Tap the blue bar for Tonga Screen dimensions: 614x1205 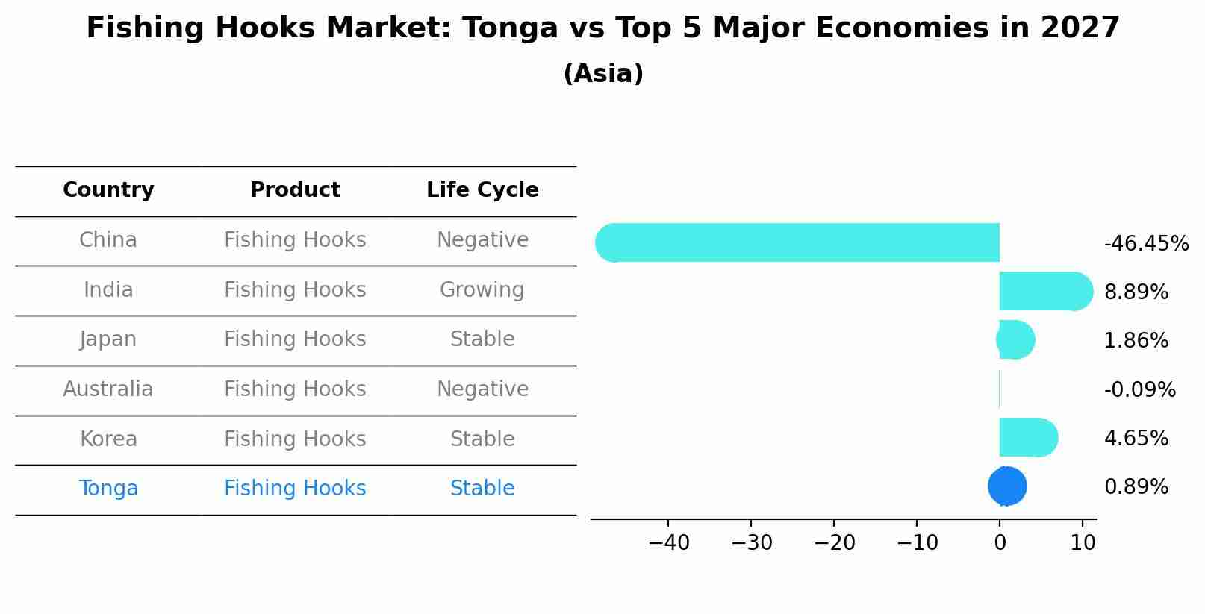coord(1007,486)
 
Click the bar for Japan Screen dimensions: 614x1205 coord(1016,339)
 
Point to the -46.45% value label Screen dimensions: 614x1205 coord(1146,244)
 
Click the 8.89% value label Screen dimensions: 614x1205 coord(1136,292)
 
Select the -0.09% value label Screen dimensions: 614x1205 coord(1139,390)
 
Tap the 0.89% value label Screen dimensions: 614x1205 coord(1136,487)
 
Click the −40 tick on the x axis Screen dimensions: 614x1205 coord(669,543)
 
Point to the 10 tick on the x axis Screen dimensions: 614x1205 coord(1083,543)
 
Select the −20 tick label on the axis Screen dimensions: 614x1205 coord(835,543)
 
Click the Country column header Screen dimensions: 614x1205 coord(108,190)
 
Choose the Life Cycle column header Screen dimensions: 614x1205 coord(482,190)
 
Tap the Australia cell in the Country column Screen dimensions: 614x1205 coord(108,389)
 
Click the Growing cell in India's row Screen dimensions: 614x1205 coord(482,290)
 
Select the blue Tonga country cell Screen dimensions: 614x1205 coord(108,489)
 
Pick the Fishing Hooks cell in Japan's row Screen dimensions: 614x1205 coord(295,339)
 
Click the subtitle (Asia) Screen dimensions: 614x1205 coord(603,74)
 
